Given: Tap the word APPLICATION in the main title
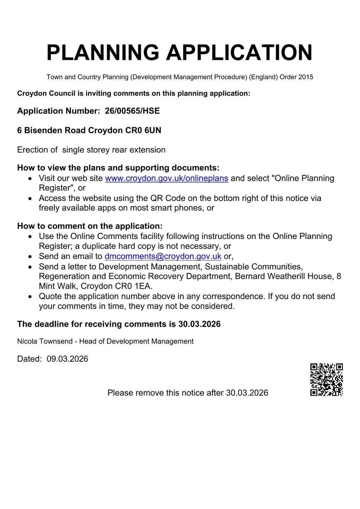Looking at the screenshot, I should [239, 53].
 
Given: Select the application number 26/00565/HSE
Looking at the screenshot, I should [132, 111].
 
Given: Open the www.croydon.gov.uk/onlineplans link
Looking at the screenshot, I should [166, 178].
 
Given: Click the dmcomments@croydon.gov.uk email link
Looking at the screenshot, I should [163, 256].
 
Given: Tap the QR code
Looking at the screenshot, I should [326, 380].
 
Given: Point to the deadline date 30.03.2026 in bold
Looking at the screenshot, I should [199, 324].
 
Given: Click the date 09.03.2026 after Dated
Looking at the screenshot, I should [67, 359].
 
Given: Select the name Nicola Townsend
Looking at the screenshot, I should [45, 341].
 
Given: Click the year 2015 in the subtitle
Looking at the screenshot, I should [306, 77].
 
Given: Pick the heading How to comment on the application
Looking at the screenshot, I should [90, 226].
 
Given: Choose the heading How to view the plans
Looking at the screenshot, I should [118, 168].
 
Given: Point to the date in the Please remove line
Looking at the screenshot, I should [247, 393].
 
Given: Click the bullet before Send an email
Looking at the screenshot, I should [30, 257].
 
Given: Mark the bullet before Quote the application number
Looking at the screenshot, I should [30, 296].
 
